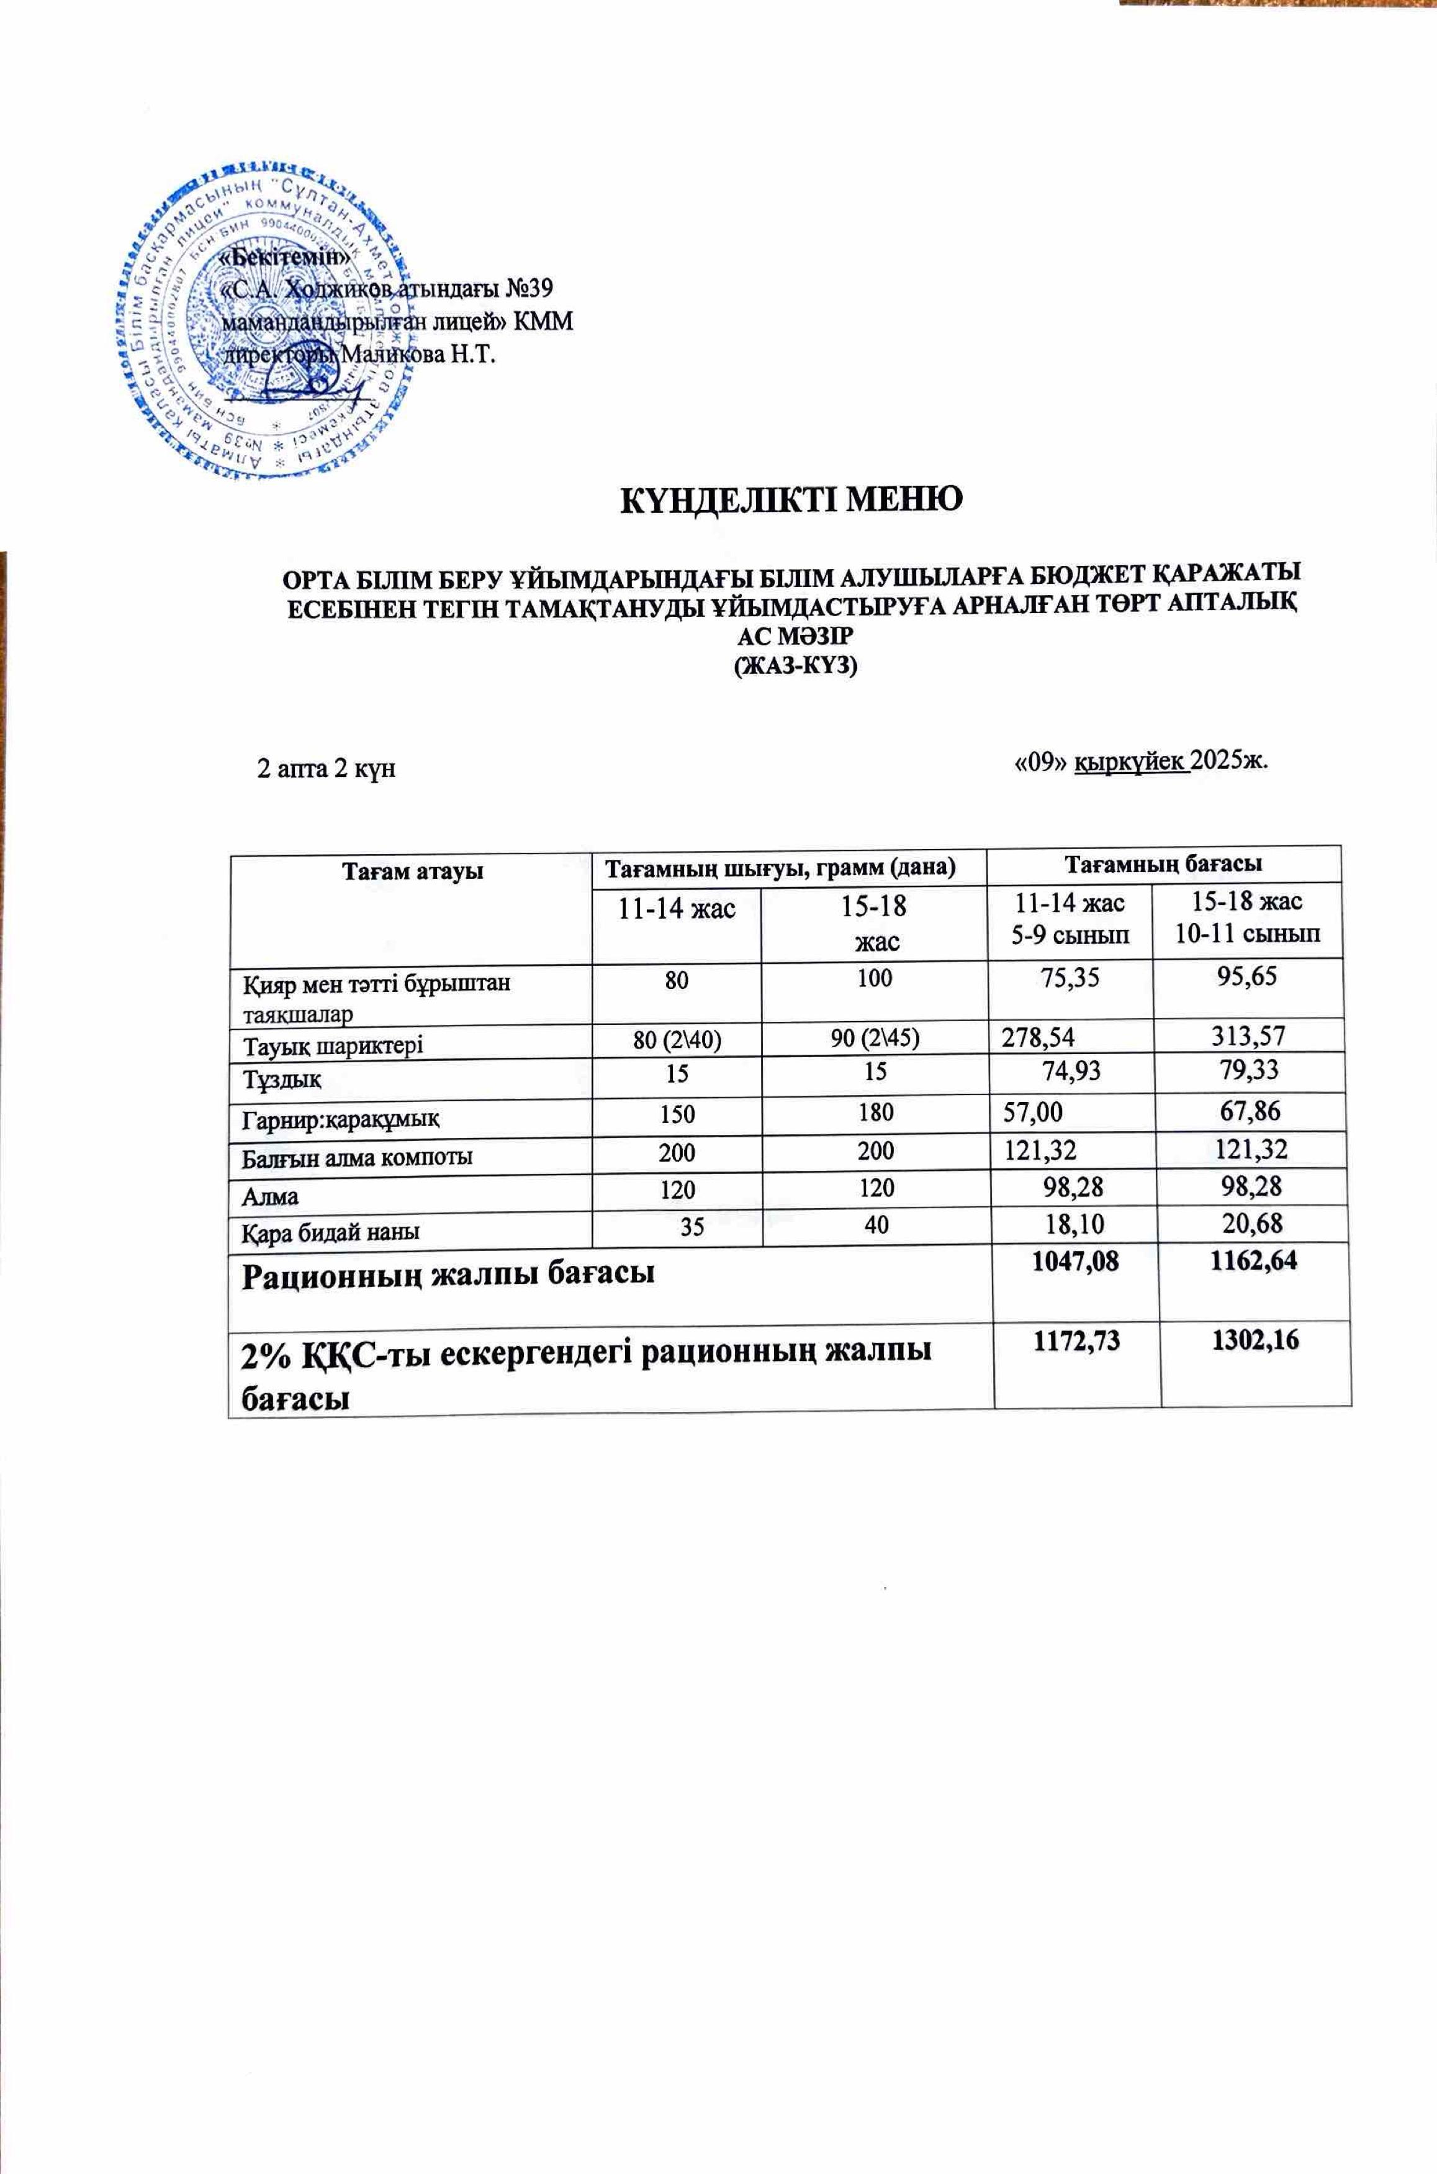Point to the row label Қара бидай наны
click(x=331, y=1232)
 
